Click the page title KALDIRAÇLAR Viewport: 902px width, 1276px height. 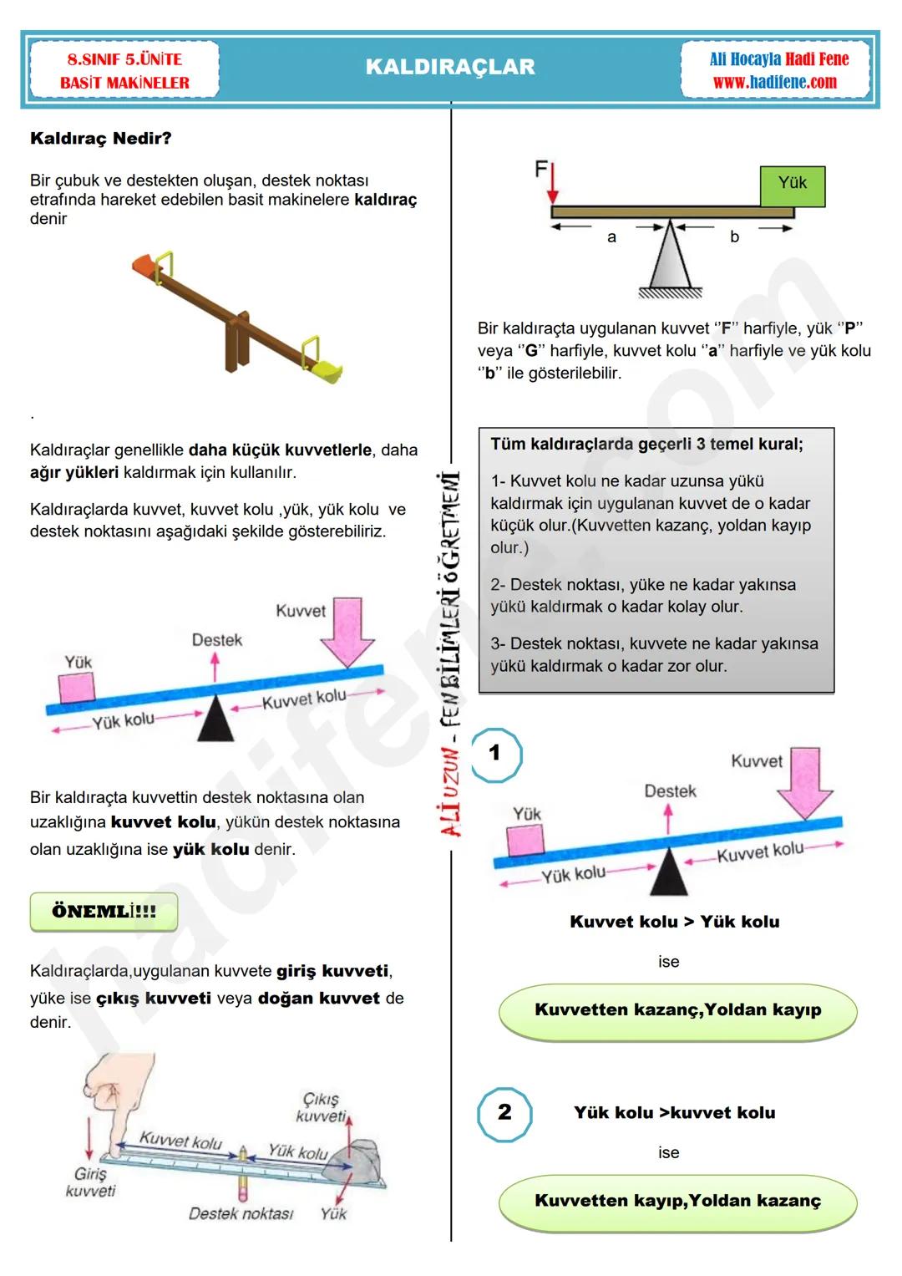point(450,67)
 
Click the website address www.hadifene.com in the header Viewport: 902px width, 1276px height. point(774,82)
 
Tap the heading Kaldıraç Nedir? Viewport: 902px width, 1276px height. point(100,138)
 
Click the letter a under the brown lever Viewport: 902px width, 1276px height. point(611,237)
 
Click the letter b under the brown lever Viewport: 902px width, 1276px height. point(734,237)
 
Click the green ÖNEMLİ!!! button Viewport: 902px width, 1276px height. point(104,912)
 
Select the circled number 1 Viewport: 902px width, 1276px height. point(495,754)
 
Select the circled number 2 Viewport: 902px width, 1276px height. point(504,1113)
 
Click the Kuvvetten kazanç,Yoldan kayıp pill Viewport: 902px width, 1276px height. point(677,1010)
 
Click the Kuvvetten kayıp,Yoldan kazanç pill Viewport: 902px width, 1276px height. point(677,1202)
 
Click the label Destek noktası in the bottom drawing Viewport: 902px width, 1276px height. point(241,1213)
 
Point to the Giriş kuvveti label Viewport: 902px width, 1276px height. point(90,1182)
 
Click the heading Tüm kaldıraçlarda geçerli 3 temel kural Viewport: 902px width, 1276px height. point(646,445)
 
